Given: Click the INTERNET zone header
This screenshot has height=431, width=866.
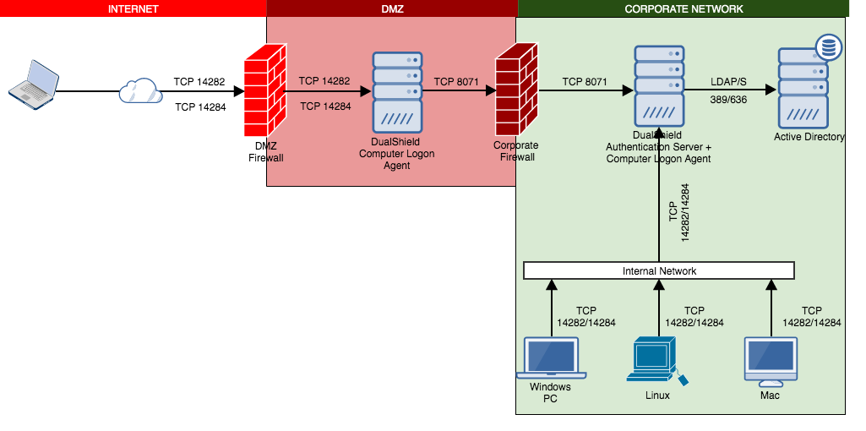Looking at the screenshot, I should tap(133, 8).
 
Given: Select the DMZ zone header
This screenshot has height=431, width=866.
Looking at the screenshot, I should tap(392, 8).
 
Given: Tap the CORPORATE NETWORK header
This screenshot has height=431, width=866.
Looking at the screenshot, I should tap(684, 8).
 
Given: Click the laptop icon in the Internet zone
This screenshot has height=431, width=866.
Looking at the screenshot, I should tap(34, 85).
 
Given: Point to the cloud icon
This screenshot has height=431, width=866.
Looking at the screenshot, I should tap(140, 90).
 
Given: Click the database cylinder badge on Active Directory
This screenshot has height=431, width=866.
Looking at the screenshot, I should tap(827, 47).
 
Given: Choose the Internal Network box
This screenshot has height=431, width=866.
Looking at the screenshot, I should tap(659, 270).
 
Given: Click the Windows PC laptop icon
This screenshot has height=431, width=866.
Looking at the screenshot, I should tap(551, 358).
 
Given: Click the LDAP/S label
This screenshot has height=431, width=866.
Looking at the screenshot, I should tap(728, 81).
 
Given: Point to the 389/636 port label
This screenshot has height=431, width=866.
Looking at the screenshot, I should tap(728, 100).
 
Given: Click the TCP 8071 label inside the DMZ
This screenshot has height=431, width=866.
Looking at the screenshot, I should tap(456, 83).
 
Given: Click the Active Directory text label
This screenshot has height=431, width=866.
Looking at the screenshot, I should tap(809, 137).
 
